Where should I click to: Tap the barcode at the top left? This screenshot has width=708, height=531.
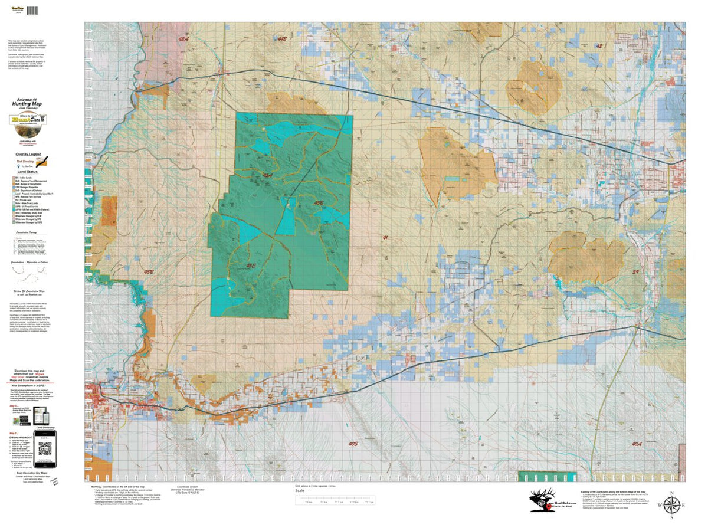point(31,11)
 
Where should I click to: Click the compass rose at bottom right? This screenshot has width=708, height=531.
point(671,505)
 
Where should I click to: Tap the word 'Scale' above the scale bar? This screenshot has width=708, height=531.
point(300,490)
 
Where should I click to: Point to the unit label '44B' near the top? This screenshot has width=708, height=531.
point(282,38)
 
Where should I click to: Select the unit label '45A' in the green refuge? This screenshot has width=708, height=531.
point(267,175)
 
